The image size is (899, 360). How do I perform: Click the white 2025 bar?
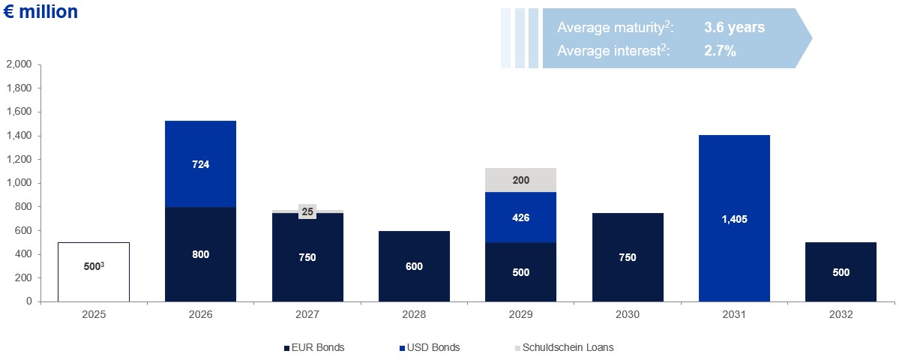tap(94, 271)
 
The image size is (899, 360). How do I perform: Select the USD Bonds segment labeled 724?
tap(200, 164)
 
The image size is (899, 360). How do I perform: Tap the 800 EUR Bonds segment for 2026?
tap(200, 254)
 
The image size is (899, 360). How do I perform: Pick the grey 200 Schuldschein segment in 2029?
tap(520, 180)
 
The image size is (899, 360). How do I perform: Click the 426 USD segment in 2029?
tap(520, 217)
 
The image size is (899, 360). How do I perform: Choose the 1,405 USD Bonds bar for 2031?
tap(734, 218)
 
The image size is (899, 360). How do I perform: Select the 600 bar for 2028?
tap(414, 266)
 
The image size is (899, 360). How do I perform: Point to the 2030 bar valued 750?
tap(628, 257)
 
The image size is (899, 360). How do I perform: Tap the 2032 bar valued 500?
tap(841, 271)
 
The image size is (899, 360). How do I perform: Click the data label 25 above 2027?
tap(307, 211)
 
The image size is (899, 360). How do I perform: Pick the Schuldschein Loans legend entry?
tap(567, 347)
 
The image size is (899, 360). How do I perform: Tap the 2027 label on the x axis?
tap(307, 315)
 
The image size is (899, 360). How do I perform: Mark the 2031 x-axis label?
tap(734, 315)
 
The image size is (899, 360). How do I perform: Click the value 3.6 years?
tap(734, 28)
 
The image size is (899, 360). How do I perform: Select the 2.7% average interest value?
tap(720, 52)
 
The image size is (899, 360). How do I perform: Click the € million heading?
tap(41, 12)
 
